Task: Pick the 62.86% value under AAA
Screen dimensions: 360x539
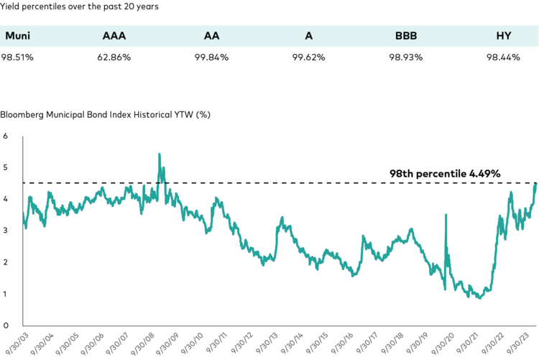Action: point(116,57)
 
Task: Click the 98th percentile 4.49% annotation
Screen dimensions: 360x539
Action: point(444,174)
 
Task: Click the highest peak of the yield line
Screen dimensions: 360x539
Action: point(159,154)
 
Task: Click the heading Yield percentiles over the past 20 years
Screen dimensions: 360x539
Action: point(79,6)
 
